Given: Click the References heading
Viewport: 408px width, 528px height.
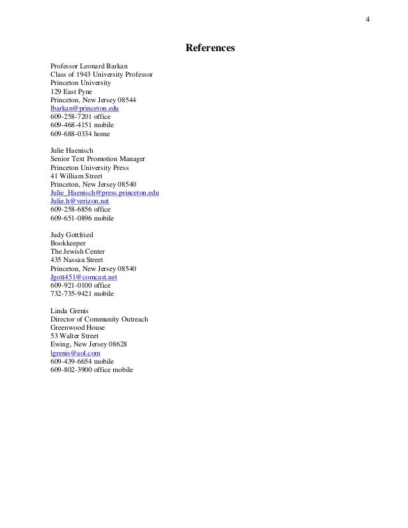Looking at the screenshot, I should (210, 48).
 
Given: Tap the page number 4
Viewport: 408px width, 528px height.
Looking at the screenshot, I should (367, 18).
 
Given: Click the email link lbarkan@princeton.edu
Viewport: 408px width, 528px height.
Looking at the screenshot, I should (84, 109).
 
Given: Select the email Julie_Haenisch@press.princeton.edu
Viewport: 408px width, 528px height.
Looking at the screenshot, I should (104, 192).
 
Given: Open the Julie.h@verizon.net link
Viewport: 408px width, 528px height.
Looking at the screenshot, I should (79, 201).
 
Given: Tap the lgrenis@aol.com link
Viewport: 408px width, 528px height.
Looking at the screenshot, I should (75, 352).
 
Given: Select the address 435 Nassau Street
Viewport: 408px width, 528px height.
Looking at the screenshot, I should (76, 260).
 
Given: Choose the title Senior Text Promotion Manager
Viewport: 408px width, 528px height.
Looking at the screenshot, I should (98, 159).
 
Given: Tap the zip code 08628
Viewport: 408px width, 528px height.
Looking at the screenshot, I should (117, 344).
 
